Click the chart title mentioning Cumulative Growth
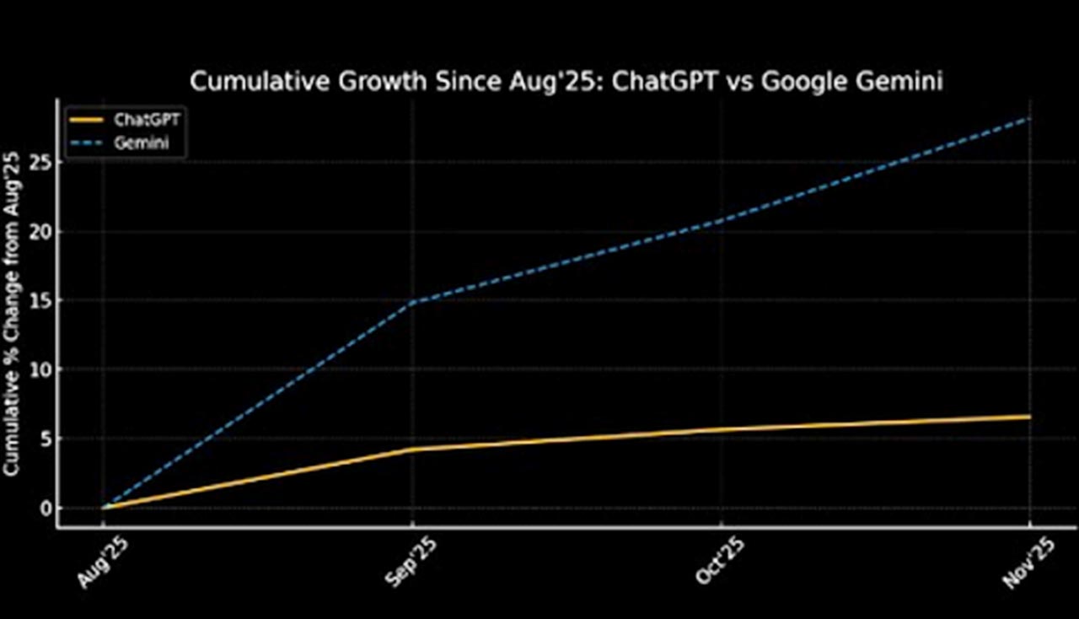click(x=566, y=82)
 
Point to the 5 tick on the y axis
click(x=43, y=439)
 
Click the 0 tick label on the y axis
click(x=43, y=508)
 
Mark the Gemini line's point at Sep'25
click(x=412, y=302)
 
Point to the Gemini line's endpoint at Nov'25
click(x=1029, y=119)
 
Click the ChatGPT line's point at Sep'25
click(x=412, y=449)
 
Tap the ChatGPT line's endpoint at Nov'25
click(x=1029, y=417)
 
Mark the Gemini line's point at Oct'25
click(x=722, y=221)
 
